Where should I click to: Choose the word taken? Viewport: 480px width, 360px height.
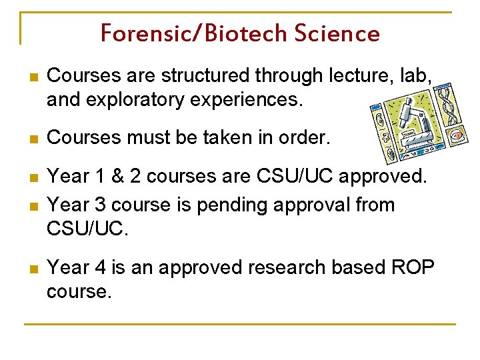[219, 138]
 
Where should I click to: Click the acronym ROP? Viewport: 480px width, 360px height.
[412, 267]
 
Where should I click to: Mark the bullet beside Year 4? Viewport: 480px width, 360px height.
[27, 269]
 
